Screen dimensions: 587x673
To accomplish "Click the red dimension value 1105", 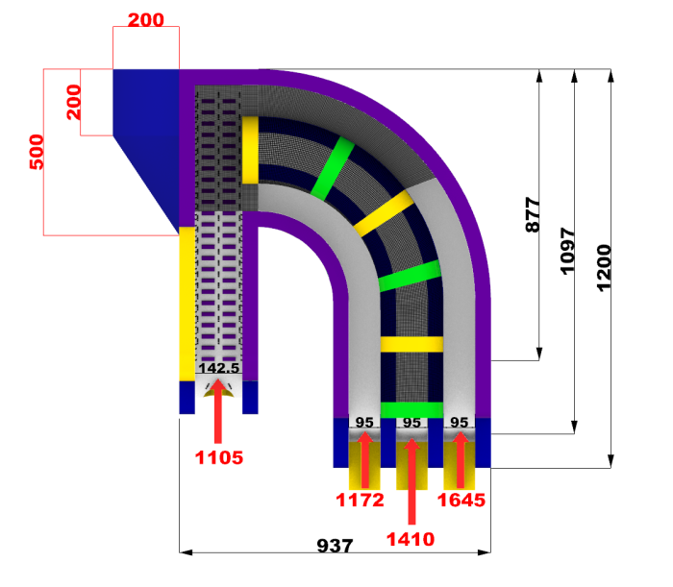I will click(x=219, y=457).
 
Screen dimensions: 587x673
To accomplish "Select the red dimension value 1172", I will click(x=361, y=500).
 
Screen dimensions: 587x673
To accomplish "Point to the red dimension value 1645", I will click(x=461, y=500).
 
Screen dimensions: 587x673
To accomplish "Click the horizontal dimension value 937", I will click(x=336, y=545).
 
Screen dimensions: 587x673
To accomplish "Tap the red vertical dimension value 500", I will click(x=37, y=152).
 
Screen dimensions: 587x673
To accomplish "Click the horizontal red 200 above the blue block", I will click(x=145, y=19).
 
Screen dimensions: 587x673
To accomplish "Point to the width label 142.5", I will click(x=218, y=367).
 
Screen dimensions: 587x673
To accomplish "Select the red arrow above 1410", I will click(x=411, y=480).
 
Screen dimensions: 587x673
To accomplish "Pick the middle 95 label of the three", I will click(x=411, y=422).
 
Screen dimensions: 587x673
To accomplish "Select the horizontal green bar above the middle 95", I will click(x=411, y=409).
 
